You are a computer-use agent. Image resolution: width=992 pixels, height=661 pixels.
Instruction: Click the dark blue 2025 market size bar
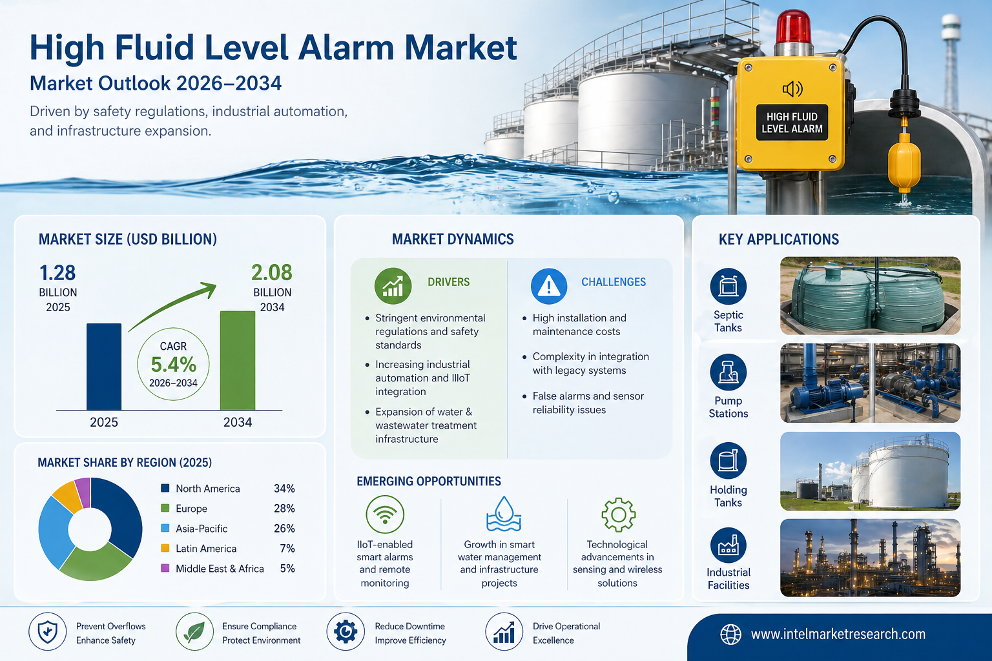point(103,367)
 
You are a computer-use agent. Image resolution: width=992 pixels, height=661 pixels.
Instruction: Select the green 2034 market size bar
point(238,360)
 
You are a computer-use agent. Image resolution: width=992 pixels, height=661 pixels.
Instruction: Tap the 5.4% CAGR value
point(173,364)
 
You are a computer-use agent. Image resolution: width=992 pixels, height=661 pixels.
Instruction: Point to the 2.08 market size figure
point(271,272)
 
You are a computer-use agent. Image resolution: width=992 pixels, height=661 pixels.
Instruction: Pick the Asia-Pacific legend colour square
point(165,528)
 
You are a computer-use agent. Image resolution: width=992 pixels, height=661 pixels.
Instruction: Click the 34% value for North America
point(284,489)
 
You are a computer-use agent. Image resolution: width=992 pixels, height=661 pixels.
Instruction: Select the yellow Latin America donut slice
point(67,496)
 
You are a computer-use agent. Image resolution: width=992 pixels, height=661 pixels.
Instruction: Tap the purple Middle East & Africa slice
point(83,493)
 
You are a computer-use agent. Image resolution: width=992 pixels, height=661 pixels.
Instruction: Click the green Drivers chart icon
point(393,286)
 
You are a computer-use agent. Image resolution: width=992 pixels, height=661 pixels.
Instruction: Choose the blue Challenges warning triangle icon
point(549,286)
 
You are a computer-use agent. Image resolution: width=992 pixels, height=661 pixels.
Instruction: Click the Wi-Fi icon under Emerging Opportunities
point(385,514)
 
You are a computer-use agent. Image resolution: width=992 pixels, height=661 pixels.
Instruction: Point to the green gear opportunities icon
point(618,514)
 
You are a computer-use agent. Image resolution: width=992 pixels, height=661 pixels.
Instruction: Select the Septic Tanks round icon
point(728,286)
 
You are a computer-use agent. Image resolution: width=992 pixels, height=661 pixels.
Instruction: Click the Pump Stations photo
point(870,383)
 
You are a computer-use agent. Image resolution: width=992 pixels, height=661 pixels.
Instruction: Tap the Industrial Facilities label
point(728,578)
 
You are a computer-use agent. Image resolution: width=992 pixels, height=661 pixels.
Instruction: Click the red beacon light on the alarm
point(793,28)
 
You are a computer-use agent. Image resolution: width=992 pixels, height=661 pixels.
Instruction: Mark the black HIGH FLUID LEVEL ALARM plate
point(792,123)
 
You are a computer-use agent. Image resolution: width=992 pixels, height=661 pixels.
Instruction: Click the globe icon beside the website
point(730,634)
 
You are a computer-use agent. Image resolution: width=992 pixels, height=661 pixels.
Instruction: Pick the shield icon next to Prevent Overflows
point(47,631)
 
